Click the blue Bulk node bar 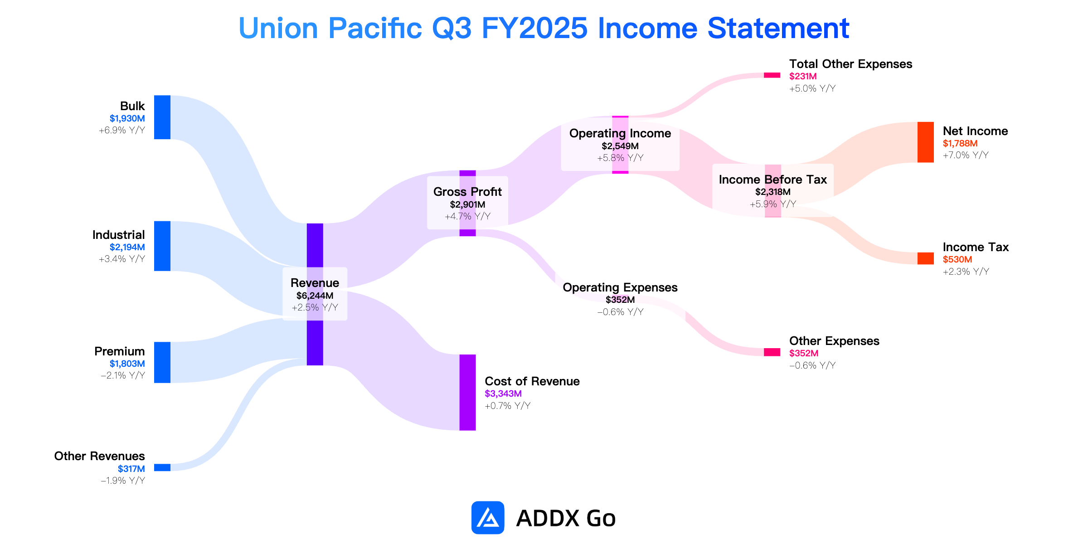click(x=162, y=117)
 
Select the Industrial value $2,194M click(x=127, y=247)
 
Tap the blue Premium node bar click(x=162, y=362)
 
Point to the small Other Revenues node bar click(x=162, y=467)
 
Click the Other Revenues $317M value click(x=131, y=469)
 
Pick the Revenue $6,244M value click(x=315, y=296)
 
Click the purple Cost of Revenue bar click(x=467, y=392)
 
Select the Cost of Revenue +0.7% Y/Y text click(x=508, y=406)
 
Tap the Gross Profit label click(x=467, y=192)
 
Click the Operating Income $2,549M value click(x=620, y=146)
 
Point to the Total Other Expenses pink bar click(x=772, y=75)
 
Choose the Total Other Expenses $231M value click(x=803, y=76)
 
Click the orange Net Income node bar click(x=925, y=142)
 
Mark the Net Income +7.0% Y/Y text click(x=966, y=155)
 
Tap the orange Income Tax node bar click(x=925, y=258)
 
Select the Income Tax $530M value click(x=957, y=259)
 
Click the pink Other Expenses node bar click(x=772, y=352)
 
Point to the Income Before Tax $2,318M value click(x=773, y=192)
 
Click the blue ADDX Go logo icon click(x=488, y=518)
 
